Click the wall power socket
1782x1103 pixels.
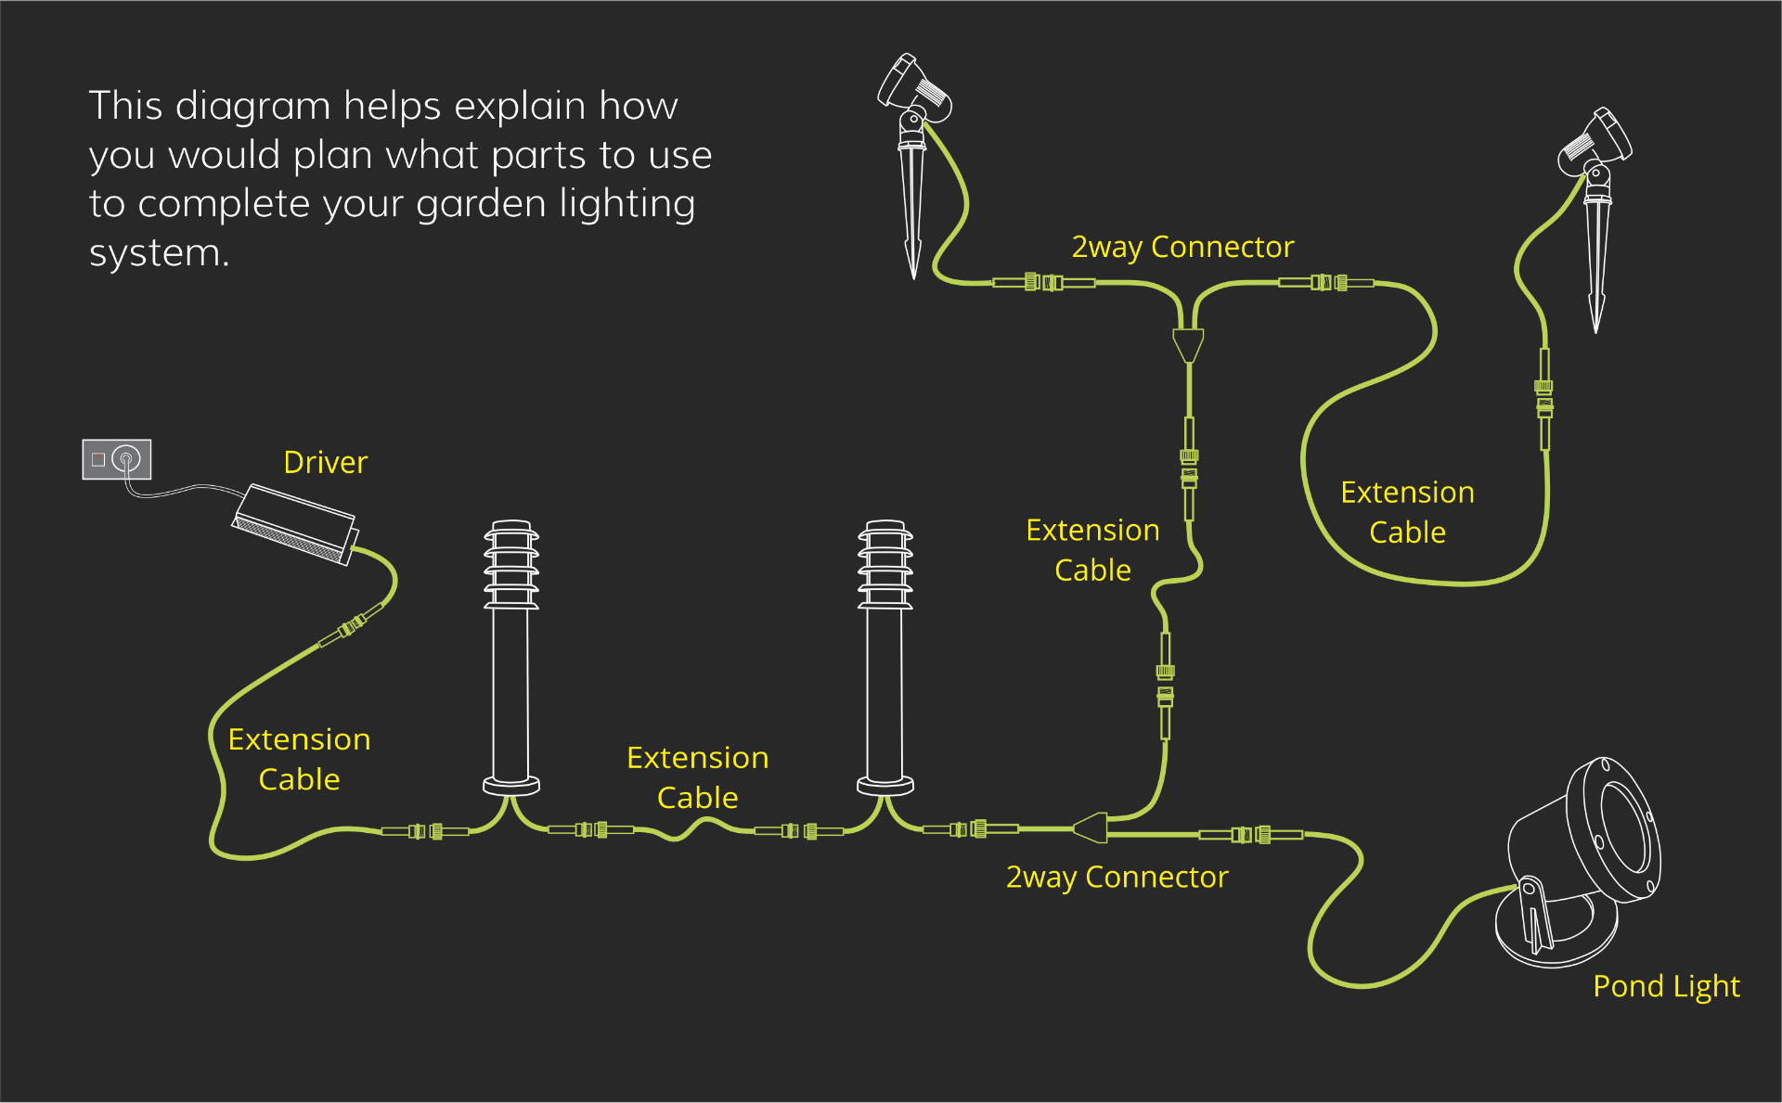point(117,459)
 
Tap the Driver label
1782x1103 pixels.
point(325,462)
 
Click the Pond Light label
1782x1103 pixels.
point(1666,986)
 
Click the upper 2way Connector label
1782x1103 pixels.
point(1182,247)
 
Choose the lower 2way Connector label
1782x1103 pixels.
point(1117,877)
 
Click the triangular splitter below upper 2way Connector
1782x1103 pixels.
point(1188,345)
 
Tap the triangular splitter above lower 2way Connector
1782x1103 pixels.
point(1091,827)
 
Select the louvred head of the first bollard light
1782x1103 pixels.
point(511,565)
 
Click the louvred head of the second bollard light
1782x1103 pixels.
point(885,565)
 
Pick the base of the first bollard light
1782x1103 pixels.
point(511,785)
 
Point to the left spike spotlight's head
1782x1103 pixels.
point(913,88)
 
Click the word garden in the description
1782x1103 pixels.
point(480,203)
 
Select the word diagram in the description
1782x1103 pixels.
point(252,106)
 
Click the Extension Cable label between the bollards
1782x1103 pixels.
point(697,777)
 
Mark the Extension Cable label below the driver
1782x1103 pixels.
point(299,759)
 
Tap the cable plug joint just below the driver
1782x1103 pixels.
point(351,626)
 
